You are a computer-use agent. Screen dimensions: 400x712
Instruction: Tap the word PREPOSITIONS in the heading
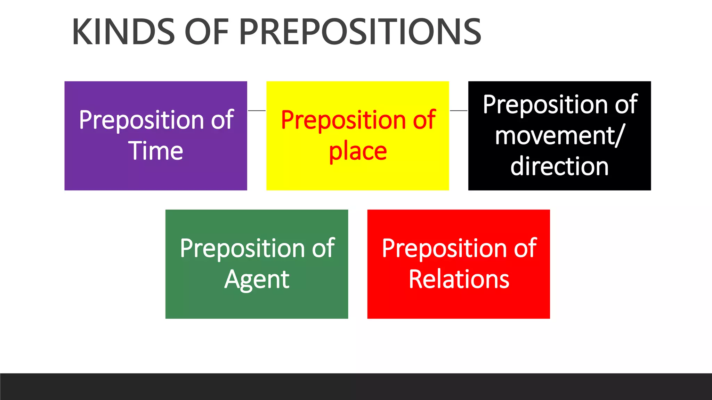[360, 32]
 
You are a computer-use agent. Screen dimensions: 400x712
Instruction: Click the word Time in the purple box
[156, 151]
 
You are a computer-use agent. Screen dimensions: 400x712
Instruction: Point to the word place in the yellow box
[358, 152]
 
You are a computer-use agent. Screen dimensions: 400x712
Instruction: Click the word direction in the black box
[559, 166]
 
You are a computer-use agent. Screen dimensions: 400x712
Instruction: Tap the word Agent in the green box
[257, 280]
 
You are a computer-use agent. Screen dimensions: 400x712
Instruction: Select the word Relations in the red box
[459, 279]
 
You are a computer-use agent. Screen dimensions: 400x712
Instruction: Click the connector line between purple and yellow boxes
[257, 111]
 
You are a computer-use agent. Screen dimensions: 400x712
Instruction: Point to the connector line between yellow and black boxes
[459, 111]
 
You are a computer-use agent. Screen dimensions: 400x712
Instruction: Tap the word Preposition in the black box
[545, 105]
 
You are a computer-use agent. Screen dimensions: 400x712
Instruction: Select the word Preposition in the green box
[242, 249]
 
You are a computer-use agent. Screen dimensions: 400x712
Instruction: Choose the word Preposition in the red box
[444, 249]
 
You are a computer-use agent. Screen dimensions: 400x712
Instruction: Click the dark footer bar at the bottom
[356, 386]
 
